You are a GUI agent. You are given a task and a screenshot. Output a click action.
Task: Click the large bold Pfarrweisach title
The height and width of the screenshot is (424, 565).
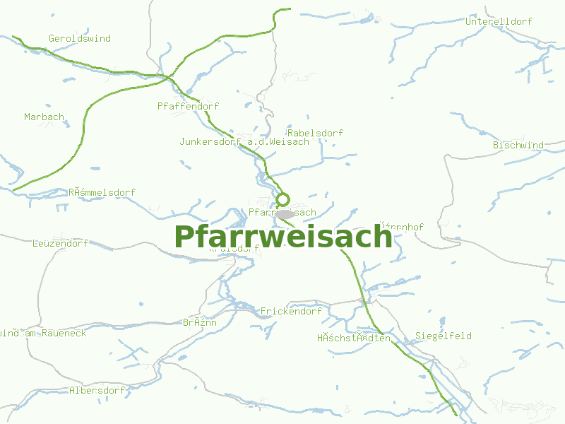282,237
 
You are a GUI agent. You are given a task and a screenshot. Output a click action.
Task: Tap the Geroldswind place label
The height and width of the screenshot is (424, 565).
80,39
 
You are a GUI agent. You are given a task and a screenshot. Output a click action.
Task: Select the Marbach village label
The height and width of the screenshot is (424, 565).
44,117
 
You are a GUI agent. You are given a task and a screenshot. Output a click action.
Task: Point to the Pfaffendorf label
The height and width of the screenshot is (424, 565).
188,107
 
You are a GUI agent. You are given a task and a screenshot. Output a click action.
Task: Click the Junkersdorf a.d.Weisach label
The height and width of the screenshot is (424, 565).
244,142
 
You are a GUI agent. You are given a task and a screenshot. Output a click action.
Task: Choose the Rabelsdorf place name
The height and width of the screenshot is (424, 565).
315,134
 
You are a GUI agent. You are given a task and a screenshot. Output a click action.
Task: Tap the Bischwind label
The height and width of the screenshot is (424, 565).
518,146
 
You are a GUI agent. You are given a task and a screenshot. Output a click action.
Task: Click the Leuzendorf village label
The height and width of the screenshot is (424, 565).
60,244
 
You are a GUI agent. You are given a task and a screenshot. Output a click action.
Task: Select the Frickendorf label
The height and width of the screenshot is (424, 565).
291,312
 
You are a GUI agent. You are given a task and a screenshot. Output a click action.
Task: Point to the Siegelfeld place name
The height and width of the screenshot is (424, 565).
444,336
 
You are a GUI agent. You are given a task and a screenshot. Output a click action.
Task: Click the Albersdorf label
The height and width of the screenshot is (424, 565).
97,391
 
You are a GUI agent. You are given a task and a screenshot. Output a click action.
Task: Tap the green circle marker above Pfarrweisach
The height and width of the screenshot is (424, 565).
283,199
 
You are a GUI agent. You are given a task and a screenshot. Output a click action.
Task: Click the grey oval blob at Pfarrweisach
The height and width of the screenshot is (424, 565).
285,213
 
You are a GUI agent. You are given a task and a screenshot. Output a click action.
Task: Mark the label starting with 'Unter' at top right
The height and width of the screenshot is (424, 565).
499,22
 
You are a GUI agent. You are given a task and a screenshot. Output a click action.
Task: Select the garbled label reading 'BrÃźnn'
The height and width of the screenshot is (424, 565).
200,323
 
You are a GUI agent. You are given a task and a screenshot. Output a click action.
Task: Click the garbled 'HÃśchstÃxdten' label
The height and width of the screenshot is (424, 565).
354,338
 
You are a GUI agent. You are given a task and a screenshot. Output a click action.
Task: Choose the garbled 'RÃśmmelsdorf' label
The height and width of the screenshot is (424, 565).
102,193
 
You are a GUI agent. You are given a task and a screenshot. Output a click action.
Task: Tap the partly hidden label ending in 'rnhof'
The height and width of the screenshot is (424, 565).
404,228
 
